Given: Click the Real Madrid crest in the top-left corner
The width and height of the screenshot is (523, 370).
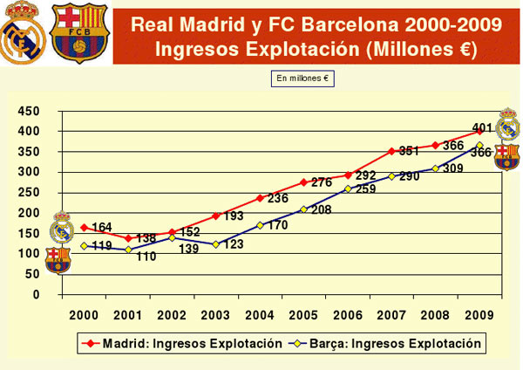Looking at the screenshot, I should tap(22, 32).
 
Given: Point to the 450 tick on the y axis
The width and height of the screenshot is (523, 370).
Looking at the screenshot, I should tap(29, 111).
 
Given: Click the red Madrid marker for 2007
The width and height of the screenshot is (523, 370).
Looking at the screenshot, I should tap(392, 151).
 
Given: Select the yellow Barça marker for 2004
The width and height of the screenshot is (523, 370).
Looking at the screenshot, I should tap(260, 225).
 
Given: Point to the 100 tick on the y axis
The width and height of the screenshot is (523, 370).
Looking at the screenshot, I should tap(29, 254).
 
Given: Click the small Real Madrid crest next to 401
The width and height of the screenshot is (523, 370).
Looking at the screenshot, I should tap(508, 125).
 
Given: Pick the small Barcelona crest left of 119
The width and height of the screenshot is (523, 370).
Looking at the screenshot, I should tap(58, 260).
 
